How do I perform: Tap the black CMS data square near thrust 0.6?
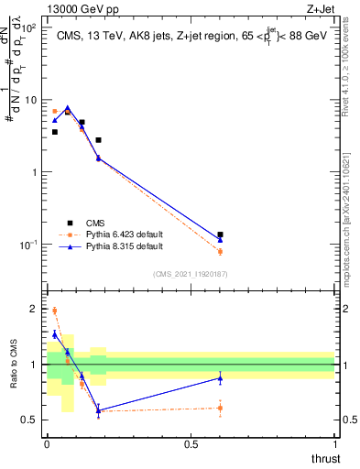pyautogui.click(x=220, y=234)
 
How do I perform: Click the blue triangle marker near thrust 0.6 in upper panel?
pyautogui.click(x=220, y=240)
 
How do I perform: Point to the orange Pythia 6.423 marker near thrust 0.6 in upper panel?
pyautogui.click(x=220, y=251)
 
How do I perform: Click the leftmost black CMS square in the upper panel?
pyautogui.click(x=55, y=132)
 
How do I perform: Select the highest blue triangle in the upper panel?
pyautogui.click(x=67, y=108)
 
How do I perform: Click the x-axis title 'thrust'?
pyautogui.click(x=324, y=458)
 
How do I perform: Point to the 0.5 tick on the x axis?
pyautogui.click(x=191, y=444)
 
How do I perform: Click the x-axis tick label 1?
pyautogui.click(x=335, y=444)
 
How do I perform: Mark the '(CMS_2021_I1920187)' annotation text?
pyautogui.click(x=191, y=273)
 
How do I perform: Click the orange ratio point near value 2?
pyautogui.click(x=55, y=311)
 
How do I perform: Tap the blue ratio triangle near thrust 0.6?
pyautogui.click(x=220, y=378)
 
